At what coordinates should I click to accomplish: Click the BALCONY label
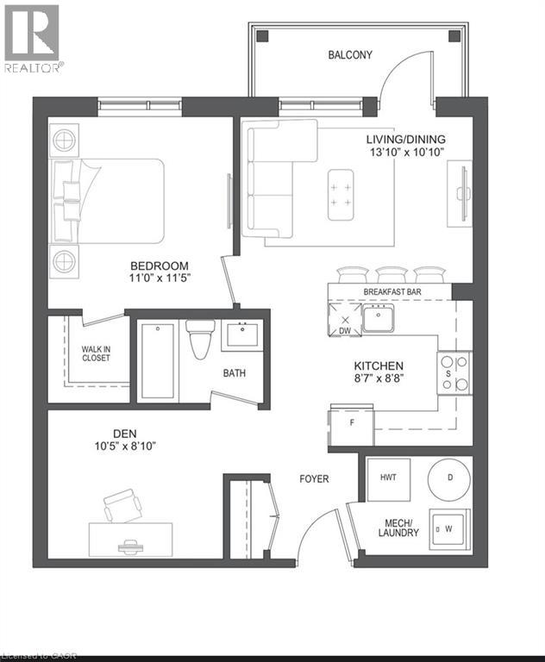pos(350,55)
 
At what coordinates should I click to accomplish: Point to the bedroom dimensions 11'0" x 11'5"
pos(160,278)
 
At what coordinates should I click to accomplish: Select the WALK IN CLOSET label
pos(96,353)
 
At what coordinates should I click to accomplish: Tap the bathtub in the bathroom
pos(158,360)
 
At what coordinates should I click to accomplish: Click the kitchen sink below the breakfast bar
pos(378,319)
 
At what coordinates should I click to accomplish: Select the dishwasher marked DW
pos(345,321)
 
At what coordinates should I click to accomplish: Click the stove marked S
pos(454,372)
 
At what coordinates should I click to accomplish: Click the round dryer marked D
pos(449,477)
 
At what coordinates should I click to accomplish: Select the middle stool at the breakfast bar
pos(391,275)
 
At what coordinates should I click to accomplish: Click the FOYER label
pos(314,478)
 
